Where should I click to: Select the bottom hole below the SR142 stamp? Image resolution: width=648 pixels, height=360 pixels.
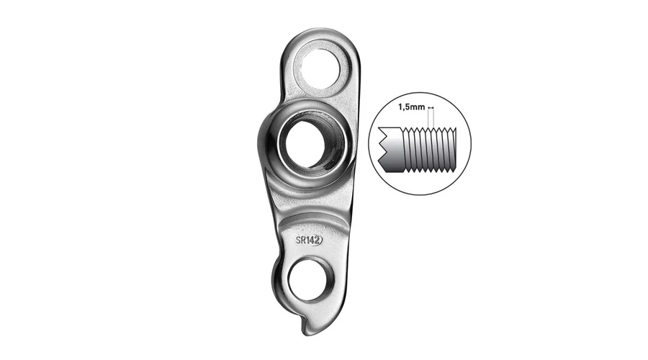click(310, 280)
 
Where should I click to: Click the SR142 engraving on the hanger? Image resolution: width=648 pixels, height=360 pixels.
click(309, 240)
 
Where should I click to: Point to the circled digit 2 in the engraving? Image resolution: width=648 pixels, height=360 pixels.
click(318, 240)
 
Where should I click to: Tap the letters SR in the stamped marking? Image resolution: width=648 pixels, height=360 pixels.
click(300, 240)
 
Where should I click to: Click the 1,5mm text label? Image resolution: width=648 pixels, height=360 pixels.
click(411, 107)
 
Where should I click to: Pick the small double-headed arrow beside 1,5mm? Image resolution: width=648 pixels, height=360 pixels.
click(431, 107)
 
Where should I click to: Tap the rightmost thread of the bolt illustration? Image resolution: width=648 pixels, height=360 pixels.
click(454, 149)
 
